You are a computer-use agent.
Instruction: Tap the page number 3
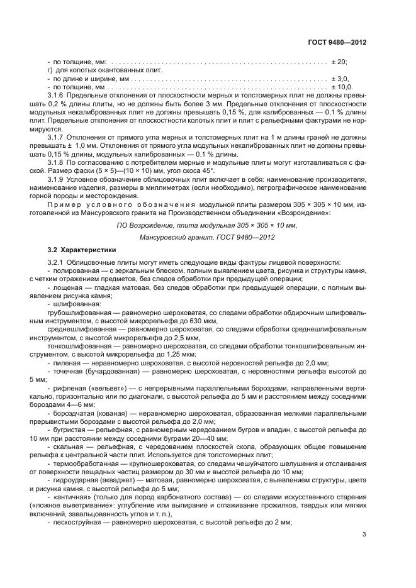pyautogui.click(x=364, y=535)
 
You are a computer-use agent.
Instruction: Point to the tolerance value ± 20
pyautogui.click(x=339, y=62)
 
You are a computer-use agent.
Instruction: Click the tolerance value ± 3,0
pyautogui.click(x=339, y=79)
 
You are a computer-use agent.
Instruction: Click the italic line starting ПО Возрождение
pyautogui.click(x=207, y=225)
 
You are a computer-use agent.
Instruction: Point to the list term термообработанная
pyautogui.click(x=82, y=463)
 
